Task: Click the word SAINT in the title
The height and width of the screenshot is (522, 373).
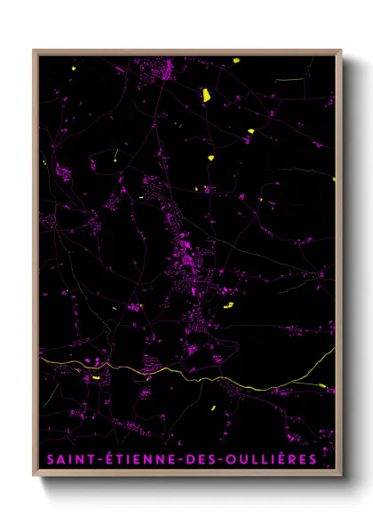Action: pos(67,459)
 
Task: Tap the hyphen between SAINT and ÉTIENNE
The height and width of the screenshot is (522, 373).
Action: pos(91,460)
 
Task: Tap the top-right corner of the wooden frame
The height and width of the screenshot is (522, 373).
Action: pos(341,51)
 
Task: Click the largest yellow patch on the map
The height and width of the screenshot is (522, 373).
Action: pos(203,93)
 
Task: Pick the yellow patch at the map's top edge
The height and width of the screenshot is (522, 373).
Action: pos(238,60)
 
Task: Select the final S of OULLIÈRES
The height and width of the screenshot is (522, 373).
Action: pos(313,459)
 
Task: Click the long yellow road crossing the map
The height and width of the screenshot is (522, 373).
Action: pos(178,371)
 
